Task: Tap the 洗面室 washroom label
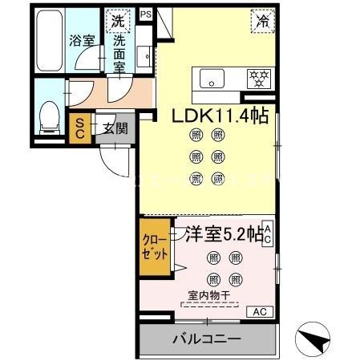119,53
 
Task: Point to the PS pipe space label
145,14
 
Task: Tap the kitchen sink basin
214,78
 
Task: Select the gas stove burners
258,78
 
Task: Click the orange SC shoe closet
80,128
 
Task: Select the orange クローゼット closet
155,248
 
